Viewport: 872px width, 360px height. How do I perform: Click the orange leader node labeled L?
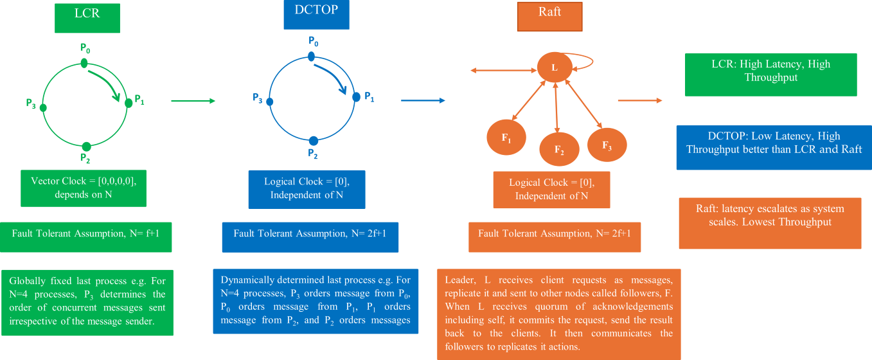coord(555,67)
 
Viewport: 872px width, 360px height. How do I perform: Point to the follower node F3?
coord(607,143)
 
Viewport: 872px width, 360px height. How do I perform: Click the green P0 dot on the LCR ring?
coord(84,62)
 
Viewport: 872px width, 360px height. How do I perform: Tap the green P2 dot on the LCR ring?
coord(86,146)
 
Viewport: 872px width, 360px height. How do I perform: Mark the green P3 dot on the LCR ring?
coord(43,107)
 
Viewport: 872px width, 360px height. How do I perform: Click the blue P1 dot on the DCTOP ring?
coord(356,97)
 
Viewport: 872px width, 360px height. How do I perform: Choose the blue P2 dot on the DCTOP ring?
coord(313,141)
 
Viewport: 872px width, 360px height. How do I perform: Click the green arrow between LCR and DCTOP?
coord(193,101)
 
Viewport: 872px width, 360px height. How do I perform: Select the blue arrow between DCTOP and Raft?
coord(423,100)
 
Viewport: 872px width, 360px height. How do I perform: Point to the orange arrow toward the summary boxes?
coord(640,100)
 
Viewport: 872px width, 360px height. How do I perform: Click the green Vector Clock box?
coord(84,188)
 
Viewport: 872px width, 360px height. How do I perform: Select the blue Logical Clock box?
coord(307,189)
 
